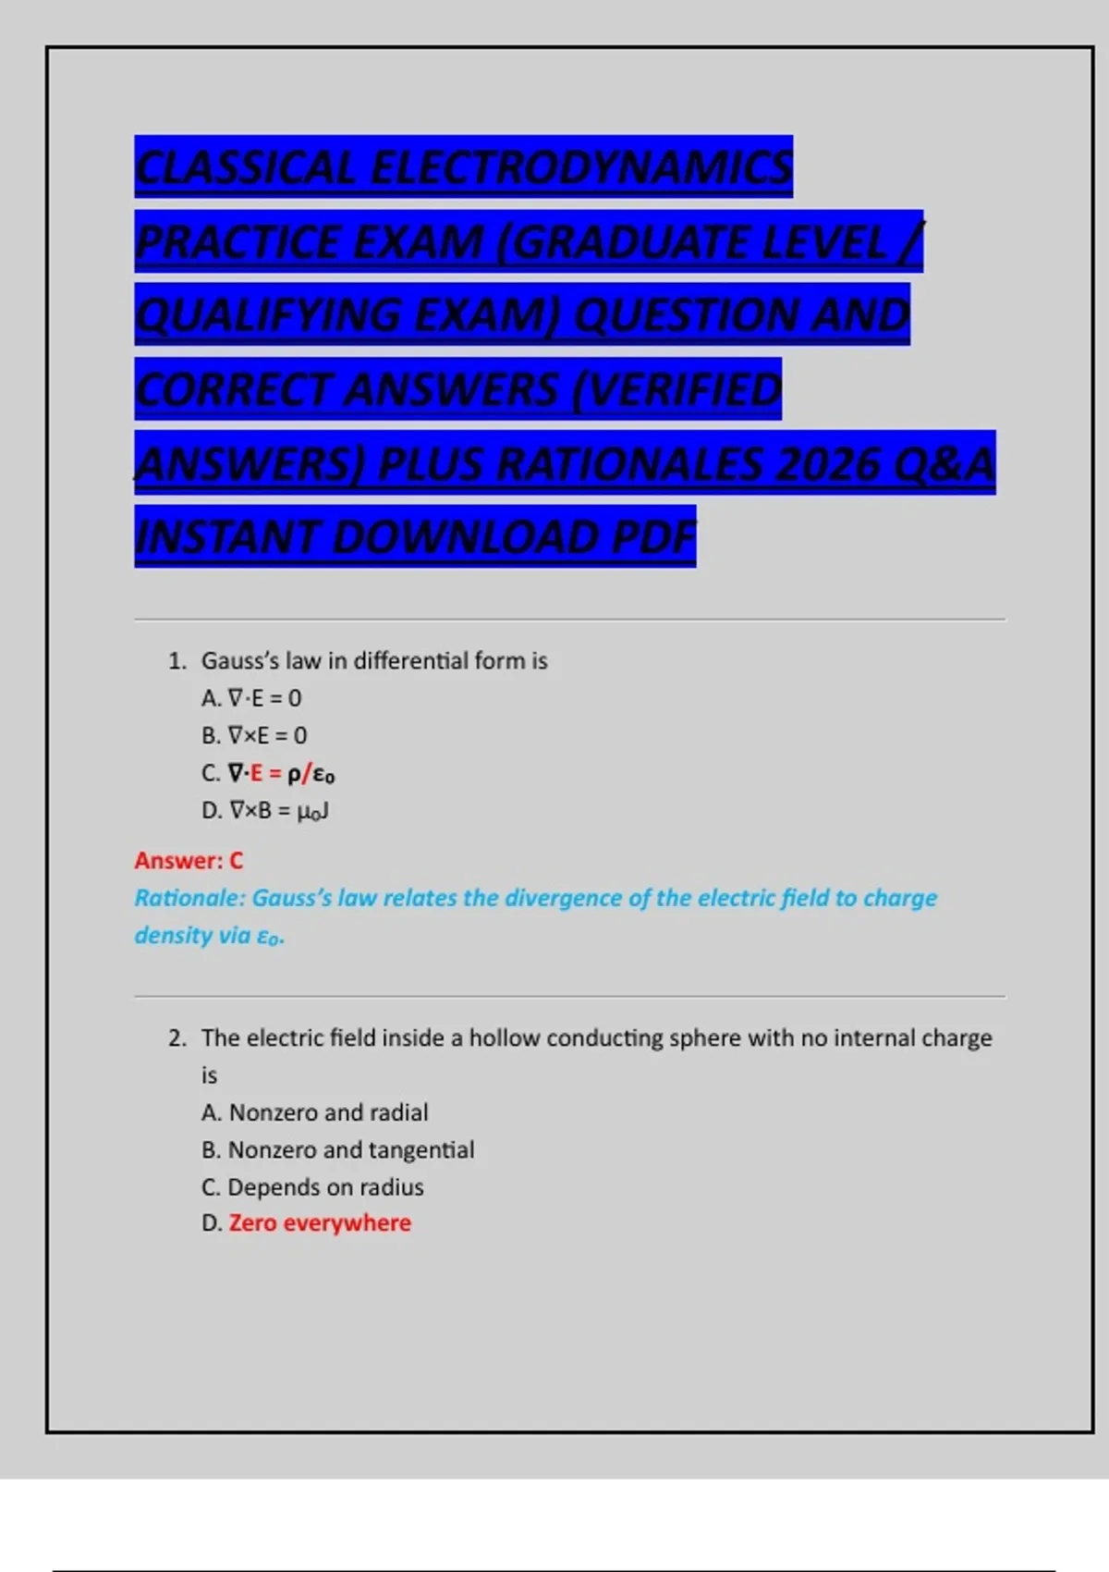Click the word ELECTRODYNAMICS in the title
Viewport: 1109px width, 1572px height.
(x=581, y=167)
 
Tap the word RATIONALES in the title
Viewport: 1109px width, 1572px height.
(x=629, y=463)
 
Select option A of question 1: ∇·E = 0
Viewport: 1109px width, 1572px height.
(x=251, y=698)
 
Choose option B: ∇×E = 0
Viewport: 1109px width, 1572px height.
(x=254, y=736)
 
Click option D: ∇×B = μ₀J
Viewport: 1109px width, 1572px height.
(x=265, y=811)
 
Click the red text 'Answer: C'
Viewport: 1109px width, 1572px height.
(x=189, y=861)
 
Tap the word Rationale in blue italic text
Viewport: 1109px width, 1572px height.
(x=189, y=898)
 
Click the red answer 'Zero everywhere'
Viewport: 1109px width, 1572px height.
(x=320, y=1223)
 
